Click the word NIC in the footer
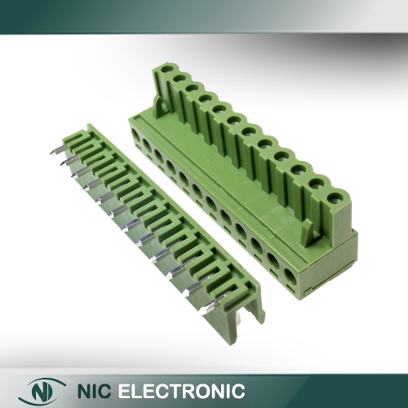tap(95, 391)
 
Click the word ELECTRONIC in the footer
tap(181, 391)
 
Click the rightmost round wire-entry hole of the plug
tap(290, 277)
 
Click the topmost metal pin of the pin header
tap(56, 150)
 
